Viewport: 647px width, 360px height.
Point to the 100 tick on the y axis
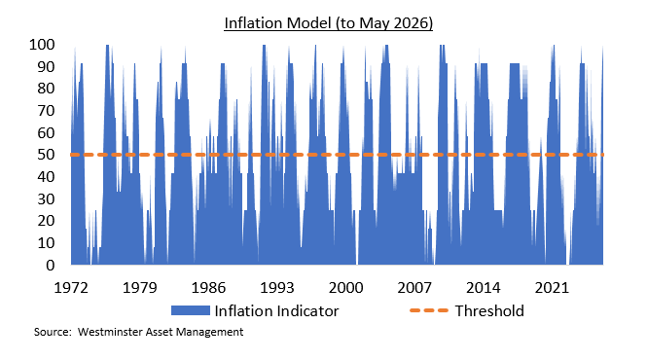click(42, 44)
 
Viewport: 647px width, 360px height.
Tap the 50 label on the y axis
click(46, 155)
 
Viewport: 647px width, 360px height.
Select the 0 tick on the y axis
click(51, 265)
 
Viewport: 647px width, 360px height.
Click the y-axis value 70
click(46, 110)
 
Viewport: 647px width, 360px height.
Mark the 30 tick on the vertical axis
click(46, 198)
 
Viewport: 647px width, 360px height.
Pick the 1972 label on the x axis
click(71, 287)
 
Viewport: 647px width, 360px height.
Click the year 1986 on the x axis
click(208, 287)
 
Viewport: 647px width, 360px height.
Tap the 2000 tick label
click(345, 287)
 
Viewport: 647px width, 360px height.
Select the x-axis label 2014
click(484, 287)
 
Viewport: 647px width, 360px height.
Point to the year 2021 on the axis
click(552, 287)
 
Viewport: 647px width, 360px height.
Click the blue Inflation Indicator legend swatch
click(191, 310)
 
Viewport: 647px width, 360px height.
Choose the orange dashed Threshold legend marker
click(429, 310)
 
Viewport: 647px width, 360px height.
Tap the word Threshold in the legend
click(489, 310)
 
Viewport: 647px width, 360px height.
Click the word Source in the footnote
click(52, 332)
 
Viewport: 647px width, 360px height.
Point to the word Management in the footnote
click(209, 332)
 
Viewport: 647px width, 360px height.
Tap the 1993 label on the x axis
click(277, 287)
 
